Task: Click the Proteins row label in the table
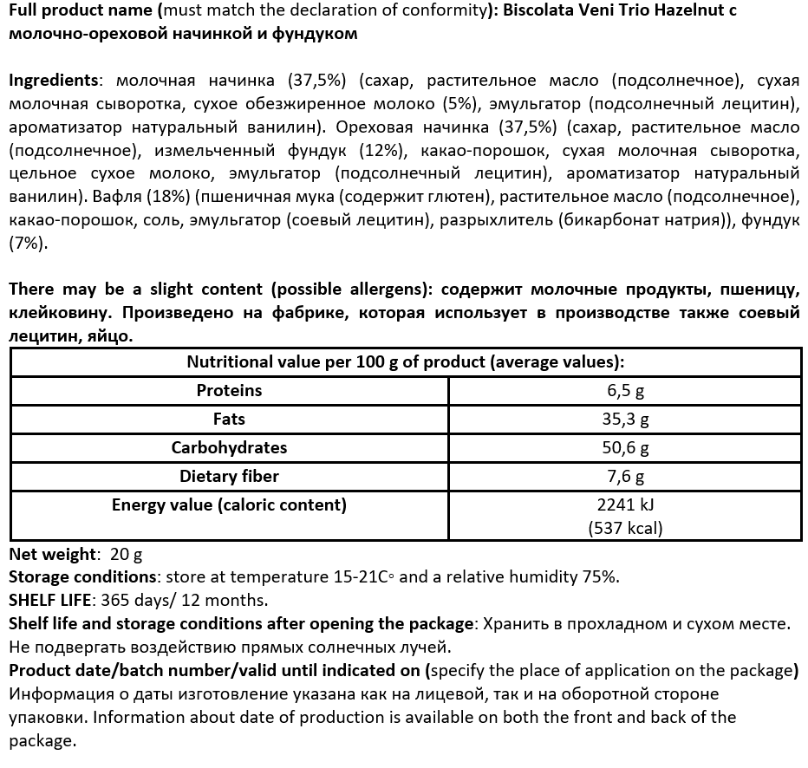coord(229,391)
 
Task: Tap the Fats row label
coord(229,420)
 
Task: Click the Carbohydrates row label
coord(229,448)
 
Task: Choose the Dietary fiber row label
coord(229,477)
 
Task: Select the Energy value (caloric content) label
coord(229,505)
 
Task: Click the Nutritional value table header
coord(405,362)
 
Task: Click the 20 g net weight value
coord(127,554)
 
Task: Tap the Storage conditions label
coord(81,577)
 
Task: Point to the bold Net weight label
coord(51,554)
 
